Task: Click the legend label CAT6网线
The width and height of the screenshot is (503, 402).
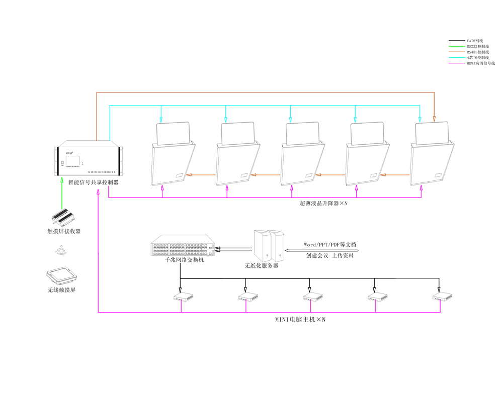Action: coord(474,41)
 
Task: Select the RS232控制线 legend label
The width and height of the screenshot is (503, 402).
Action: coord(477,46)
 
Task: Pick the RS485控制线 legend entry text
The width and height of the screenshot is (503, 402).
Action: coord(477,52)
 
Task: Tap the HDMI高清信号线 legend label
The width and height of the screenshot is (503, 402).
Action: coord(480,63)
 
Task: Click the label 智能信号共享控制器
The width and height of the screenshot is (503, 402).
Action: coord(94,182)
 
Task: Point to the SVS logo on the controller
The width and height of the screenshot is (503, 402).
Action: coord(69,149)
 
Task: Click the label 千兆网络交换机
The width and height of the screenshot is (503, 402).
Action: coord(185,261)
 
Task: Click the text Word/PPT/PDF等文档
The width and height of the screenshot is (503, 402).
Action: coord(330,244)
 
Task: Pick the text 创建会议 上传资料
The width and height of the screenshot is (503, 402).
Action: coord(330,255)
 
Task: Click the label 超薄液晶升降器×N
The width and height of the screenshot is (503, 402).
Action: coord(323,204)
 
